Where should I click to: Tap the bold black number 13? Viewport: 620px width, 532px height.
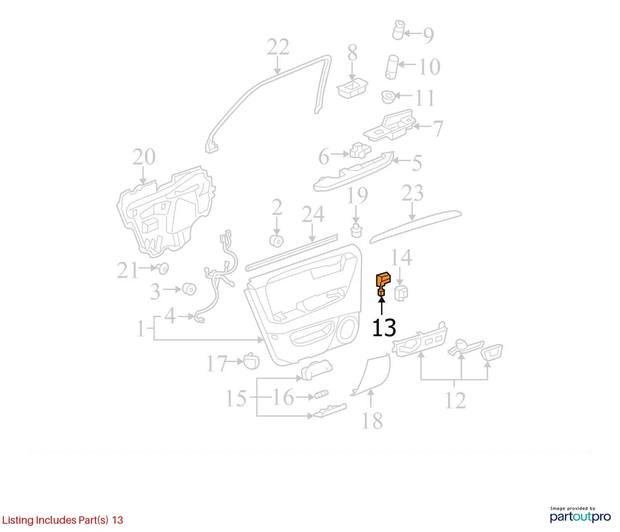click(x=384, y=327)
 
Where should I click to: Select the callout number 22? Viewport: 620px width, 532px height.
click(x=278, y=46)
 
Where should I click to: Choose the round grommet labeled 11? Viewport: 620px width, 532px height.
click(x=389, y=96)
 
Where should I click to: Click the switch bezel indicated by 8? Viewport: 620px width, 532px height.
click(x=353, y=88)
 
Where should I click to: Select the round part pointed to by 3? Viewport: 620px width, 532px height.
click(x=190, y=289)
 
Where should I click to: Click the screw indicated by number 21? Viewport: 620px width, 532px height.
click(x=163, y=268)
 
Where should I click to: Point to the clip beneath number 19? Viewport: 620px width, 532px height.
click(x=357, y=231)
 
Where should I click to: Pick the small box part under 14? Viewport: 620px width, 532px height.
click(x=401, y=293)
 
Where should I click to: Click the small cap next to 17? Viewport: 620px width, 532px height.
click(x=251, y=361)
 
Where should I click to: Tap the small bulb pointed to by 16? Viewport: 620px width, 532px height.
click(x=321, y=394)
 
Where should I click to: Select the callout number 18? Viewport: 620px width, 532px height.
click(x=372, y=421)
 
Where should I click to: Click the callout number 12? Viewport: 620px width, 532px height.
click(x=455, y=400)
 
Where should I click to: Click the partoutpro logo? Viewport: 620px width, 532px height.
click(x=580, y=517)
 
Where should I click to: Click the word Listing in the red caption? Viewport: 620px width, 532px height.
click(x=18, y=520)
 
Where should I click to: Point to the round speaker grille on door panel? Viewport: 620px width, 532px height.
click(x=348, y=331)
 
